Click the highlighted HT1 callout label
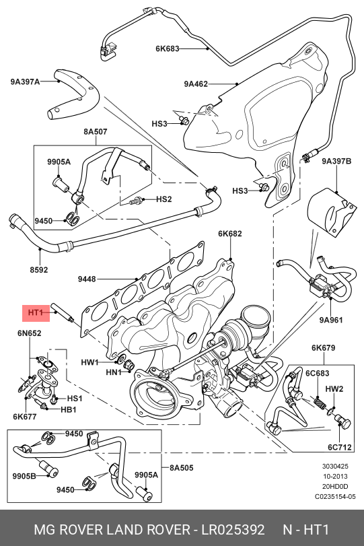point(36,312)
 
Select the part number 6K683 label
point(168,48)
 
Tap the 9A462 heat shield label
point(196,84)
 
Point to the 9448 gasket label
point(87,279)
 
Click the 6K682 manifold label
point(230,234)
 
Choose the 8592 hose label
point(38,270)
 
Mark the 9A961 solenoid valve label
point(331,320)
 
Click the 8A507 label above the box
point(96,132)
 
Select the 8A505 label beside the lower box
point(181,468)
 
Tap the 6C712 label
point(340,447)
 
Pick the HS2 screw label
point(164,199)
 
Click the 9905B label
point(24,476)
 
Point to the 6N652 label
point(29,333)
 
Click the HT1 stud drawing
point(63,312)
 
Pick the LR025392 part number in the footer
point(233,530)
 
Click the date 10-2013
point(335,477)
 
